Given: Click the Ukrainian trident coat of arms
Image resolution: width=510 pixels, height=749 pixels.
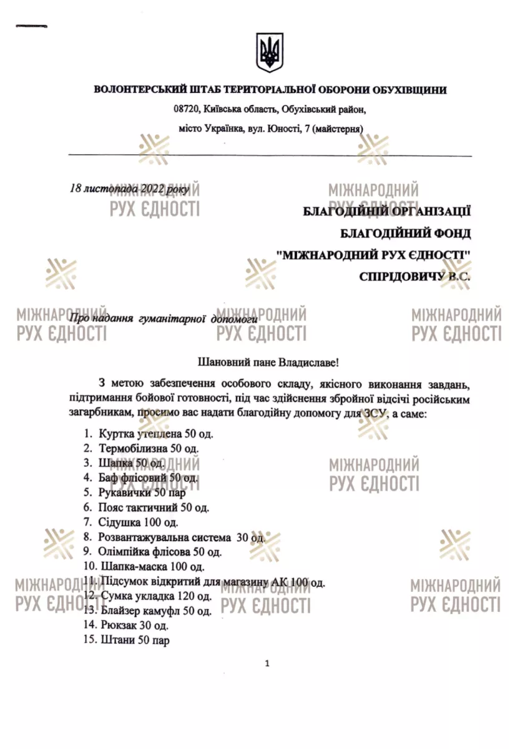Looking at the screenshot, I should pyautogui.click(x=270, y=53).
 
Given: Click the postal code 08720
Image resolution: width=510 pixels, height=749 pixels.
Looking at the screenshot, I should pyautogui.click(x=185, y=109).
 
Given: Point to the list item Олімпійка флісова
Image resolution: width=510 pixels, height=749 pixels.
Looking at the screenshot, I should pyautogui.click(x=160, y=552).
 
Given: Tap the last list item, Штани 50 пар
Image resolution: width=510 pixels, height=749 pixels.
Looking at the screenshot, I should pyautogui.click(x=134, y=640).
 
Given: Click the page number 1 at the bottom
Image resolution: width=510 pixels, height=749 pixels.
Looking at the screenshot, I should pyautogui.click(x=267, y=663).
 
